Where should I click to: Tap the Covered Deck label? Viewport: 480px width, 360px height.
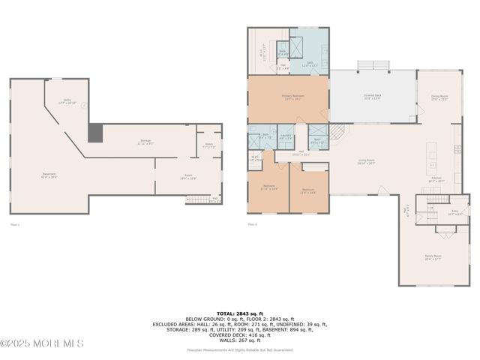click(372, 97)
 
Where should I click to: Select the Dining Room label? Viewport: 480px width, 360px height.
click(439, 97)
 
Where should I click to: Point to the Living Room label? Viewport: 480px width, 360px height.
click(366, 161)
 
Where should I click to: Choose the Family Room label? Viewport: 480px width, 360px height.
click(433, 256)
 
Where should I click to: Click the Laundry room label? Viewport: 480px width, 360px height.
click(286, 137)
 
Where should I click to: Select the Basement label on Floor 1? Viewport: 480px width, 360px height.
click(49, 175)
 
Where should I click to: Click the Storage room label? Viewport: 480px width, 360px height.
click(145, 141)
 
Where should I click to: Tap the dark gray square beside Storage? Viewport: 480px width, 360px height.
click(95, 133)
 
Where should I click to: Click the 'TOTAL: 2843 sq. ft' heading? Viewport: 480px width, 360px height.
click(240, 313)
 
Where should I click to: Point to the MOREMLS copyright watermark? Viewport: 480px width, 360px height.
click(42, 343)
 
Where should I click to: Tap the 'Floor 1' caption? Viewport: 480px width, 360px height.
click(15, 224)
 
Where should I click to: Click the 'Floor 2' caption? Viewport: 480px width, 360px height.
click(252, 224)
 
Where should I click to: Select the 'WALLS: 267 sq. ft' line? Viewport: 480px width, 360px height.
click(240, 340)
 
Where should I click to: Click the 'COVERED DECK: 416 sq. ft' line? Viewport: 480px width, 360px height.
click(240, 334)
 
